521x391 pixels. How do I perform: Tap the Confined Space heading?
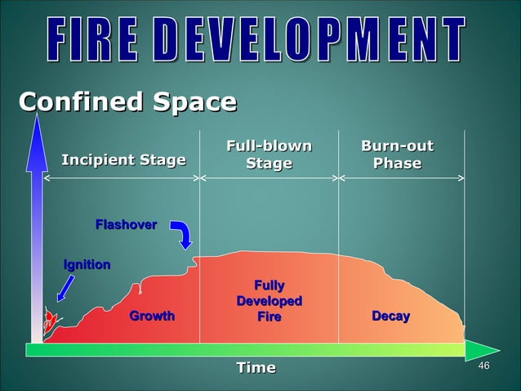point(127,103)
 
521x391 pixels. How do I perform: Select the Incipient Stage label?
point(123,160)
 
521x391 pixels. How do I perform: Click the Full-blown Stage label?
point(269,155)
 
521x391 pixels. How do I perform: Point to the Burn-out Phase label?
point(397,155)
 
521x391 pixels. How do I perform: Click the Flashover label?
point(126,224)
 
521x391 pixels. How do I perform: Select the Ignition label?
point(87,264)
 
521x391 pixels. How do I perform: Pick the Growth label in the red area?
point(152,316)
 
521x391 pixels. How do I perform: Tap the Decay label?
point(390,316)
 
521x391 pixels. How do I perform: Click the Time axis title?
point(256,367)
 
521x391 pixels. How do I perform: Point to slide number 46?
point(483,365)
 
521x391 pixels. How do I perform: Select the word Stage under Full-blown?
point(269,164)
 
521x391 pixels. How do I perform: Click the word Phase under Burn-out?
point(397,164)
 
